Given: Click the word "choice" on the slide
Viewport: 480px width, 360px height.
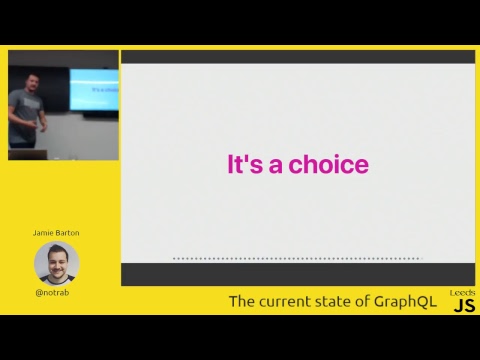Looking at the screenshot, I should [x=328, y=165].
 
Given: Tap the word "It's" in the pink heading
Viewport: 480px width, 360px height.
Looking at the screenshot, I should [x=245, y=165].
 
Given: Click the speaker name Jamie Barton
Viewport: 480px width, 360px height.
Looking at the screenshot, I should [x=56, y=233].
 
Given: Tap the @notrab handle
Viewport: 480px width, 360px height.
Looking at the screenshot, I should [x=56, y=293].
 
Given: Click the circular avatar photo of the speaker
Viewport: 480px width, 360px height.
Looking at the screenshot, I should [x=56, y=262].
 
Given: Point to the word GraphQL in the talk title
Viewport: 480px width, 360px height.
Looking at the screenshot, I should [x=404, y=302].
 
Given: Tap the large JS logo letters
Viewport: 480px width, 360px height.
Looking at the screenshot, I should [x=463, y=306].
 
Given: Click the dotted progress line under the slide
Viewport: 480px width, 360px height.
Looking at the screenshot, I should [x=297, y=258].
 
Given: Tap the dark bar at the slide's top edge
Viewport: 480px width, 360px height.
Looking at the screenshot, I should [x=297, y=57].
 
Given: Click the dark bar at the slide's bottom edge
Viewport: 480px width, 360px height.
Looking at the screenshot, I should [x=297, y=274].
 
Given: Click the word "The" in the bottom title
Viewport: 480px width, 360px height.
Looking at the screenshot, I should [x=241, y=302].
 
